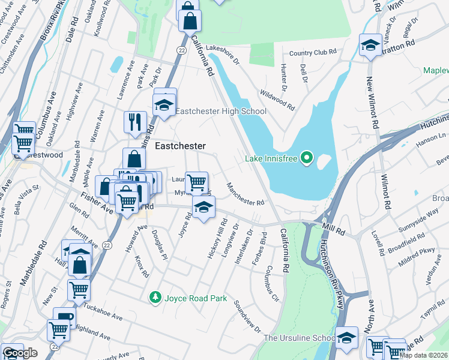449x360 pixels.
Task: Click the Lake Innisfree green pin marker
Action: pyautogui.click(x=307, y=159)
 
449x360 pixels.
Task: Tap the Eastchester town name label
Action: pyautogui.click(x=180, y=146)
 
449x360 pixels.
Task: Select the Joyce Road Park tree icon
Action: pyautogui.click(x=155, y=297)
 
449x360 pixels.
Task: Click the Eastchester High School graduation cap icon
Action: pyautogui.click(x=163, y=106)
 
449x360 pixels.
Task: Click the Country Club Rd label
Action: pyautogui.click(x=312, y=53)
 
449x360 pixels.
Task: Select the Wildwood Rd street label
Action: pyautogui.click(x=277, y=100)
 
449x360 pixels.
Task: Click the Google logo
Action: pyautogui.click(x=20, y=353)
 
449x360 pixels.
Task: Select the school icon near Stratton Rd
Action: pyautogui.click(x=370, y=46)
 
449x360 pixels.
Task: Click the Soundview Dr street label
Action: pyautogui.click(x=247, y=317)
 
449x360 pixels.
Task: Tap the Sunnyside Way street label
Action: pyautogui.click(x=417, y=223)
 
